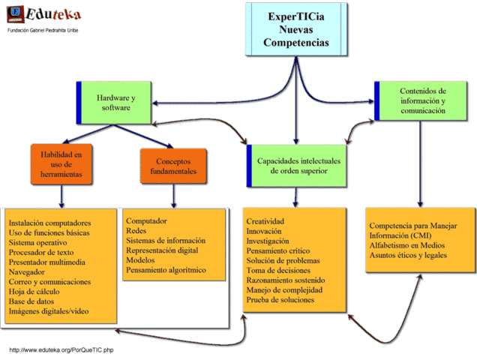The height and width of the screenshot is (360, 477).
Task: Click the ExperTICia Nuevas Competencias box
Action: (x=296, y=29)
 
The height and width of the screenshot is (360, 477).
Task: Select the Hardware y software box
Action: (x=115, y=103)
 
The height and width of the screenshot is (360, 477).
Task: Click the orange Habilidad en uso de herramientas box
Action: (x=61, y=164)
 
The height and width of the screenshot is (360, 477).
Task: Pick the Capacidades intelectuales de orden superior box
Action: (x=298, y=166)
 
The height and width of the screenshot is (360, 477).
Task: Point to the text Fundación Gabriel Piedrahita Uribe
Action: (x=43, y=30)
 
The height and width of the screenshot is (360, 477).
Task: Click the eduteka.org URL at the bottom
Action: (x=61, y=350)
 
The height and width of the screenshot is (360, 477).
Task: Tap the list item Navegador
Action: (x=27, y=272)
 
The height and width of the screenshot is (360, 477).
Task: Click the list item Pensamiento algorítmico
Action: (x=166, y=269)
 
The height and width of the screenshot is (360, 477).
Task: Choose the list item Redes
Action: (x=136, y=231)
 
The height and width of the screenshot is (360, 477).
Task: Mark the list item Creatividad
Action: (x=265, y=222)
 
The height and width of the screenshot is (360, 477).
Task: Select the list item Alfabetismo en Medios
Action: (x=411, y=245)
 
